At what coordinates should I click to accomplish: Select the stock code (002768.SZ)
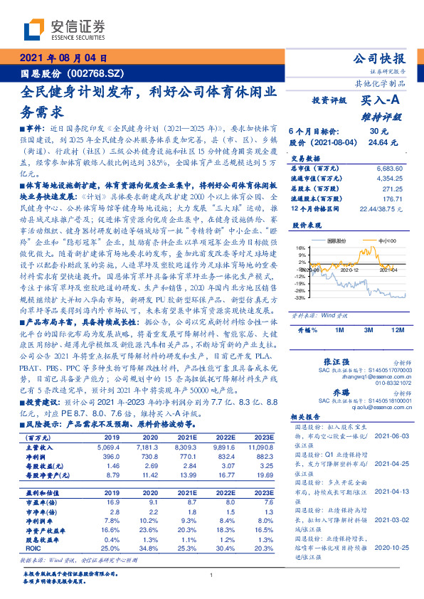click(x=96, y=73)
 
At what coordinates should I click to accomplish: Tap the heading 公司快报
click(x=383, y=58)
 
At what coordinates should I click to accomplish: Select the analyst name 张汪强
click(x=338, y=361)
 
